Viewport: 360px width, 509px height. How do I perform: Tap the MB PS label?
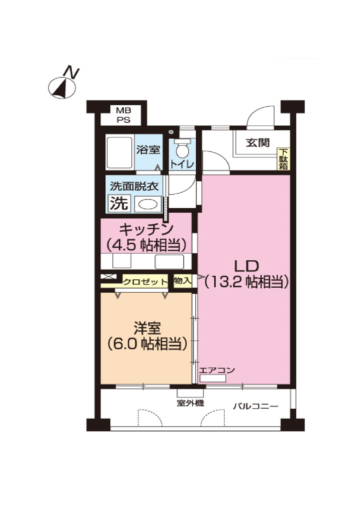[x=124, y=115]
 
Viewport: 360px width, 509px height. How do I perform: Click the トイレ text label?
[x=181, y=164]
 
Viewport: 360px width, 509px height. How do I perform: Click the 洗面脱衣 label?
[x=134, y=187]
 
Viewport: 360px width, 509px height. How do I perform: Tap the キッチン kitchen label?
[x=146, y=230]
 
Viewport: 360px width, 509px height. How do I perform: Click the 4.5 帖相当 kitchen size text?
[x=146, y=245]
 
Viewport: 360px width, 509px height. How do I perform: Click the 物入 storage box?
[x=183, y=280]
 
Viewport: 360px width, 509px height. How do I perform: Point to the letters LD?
[x=246, y=266]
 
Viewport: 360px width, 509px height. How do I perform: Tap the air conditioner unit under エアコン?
[x=212, y=378]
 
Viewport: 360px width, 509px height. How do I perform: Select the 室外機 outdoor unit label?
[x=190, y=404]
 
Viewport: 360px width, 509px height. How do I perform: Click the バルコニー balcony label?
[x=255, y=406]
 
